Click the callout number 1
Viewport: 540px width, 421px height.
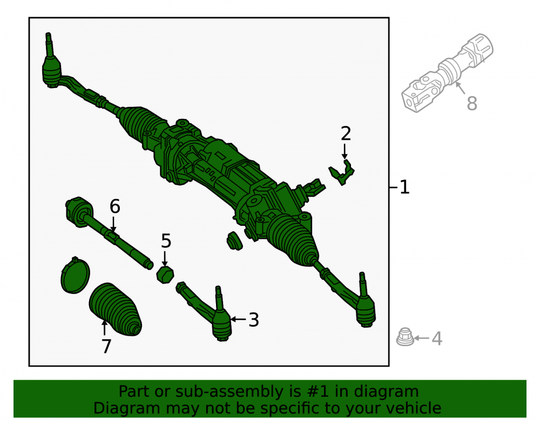pyautogui.click(x=404, y=187)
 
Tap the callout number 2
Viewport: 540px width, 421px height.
pyautogui.click(x=346, y=133)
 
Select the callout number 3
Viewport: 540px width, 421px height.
pyautogui.click(x=254, y=320)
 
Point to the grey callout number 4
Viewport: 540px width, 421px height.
pyautogui.click(x=437, y=339)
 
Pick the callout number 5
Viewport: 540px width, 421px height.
pyautogui.click(x=166, y=241)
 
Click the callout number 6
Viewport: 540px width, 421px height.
pyautogui.click(x=114, y=206)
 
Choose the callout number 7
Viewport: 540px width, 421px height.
pyautogui.click(x=106, y=346)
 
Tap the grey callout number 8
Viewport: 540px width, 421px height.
pyautogui.click(x=472, y=103)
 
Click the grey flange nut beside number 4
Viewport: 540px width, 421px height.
pyautogui.click(x=404, y=337)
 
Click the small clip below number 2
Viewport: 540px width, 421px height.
pyautogui.click(x=341, y=172)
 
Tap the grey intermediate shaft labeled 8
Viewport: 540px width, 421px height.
pyautogui.click(x=447, y=73)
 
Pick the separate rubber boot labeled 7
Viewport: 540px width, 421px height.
pyautogui.click(x=115, y=309)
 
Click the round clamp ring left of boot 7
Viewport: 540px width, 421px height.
pyautogui.click(x=75, y=275)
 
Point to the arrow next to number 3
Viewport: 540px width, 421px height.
pyautogui.click(x=238, y=319)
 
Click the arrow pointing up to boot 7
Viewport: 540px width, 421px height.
pyautogui.click(x=104, y=327)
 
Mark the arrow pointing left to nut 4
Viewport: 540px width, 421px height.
pyautogui.click(x=421, y=338)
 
